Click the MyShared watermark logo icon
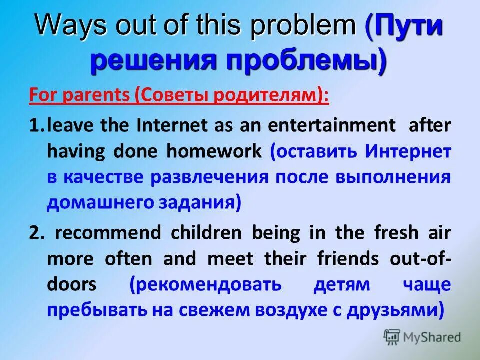(x=392, y=338)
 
